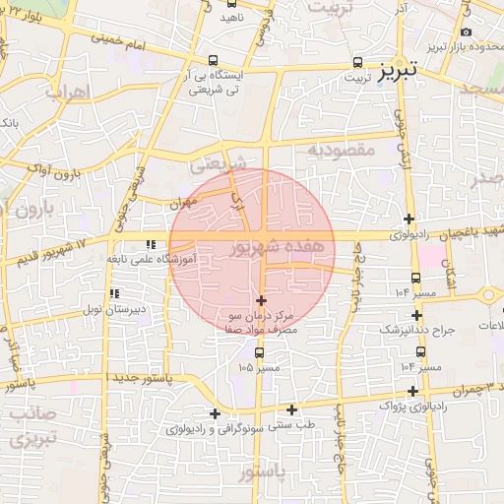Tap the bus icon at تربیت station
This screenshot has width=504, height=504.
357,62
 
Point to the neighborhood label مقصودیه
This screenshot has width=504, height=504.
341,150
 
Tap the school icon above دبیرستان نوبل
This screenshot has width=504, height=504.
116,293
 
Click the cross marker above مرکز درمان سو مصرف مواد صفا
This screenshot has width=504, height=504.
261,299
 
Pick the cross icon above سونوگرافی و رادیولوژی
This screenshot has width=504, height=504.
215,413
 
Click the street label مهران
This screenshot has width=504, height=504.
182,203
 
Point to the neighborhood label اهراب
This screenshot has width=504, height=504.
68,92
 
